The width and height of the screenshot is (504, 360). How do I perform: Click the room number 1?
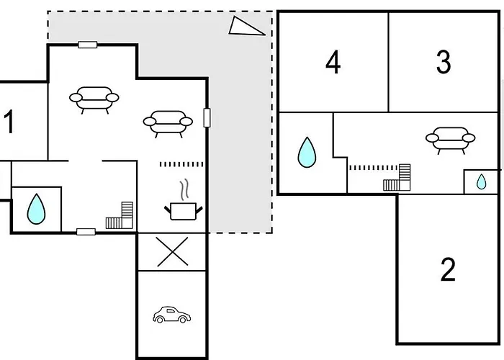coord(9,122)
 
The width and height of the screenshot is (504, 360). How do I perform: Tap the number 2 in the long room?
coord(448,269)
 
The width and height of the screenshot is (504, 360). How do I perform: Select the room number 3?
coord(444,62)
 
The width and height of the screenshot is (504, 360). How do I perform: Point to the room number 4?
coord(333,62)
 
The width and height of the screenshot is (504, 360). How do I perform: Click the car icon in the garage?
coord(171,315)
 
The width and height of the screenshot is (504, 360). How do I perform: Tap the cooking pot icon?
coord(183,211)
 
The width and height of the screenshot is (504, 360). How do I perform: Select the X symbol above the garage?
coord(173,252)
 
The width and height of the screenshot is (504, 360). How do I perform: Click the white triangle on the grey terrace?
coord(246,26)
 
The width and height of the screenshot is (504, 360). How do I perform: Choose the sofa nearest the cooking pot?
coord(168,124)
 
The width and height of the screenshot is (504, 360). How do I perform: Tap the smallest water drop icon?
coord(481,181)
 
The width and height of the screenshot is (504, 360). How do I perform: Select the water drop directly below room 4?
coord(307,153)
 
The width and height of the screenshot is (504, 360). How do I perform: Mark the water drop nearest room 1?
coord(36,209)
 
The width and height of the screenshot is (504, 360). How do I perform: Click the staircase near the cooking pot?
coord(120,215)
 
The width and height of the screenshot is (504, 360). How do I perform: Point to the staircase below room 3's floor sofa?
coord(397,177)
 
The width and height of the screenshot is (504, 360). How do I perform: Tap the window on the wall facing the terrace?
coord(207,117)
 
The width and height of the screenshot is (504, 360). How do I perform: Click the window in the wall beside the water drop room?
coord(86,232)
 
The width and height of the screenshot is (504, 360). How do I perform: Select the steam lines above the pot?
coord(184,189)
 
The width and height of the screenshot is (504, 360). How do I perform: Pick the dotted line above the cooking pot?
coord(181,165)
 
